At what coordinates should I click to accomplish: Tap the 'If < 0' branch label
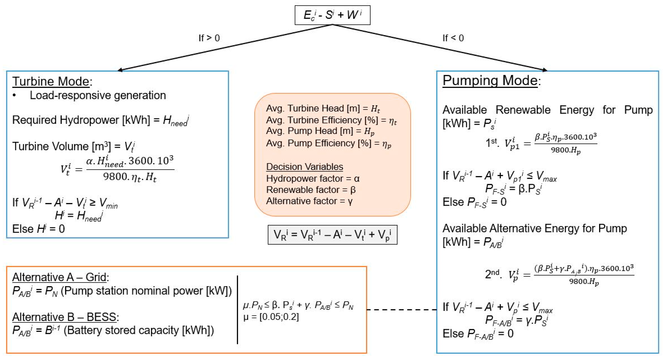click(x=453, y=38)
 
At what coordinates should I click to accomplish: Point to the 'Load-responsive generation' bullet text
click(x=98, y=95)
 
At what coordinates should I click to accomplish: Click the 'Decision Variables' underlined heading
click(x=304, y=167)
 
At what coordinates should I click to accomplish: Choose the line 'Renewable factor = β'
click(x=311, y=190)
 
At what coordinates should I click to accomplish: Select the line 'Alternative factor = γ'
click(x=309, y=201)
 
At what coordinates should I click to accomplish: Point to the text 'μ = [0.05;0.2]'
click(x=271, y=317)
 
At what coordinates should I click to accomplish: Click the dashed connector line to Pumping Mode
click(x=402, y=309)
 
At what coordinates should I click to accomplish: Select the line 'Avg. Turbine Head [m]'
click(x=323, y=108)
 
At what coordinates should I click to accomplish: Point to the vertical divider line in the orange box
click(x=237, y=310)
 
